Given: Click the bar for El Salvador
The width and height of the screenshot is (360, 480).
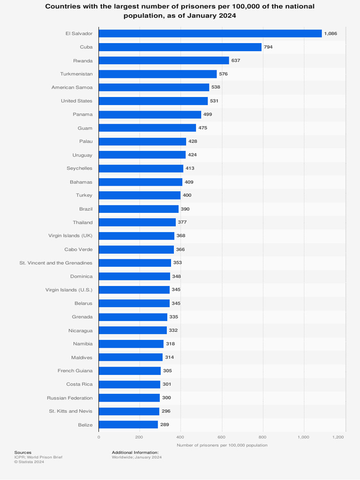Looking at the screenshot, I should tap(210, 34).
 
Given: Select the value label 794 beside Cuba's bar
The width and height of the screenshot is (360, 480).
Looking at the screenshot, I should tap(268, 47).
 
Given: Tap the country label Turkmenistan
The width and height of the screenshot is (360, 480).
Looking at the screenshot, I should tap(76, 74).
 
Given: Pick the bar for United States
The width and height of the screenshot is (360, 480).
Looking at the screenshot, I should tap(153, 101).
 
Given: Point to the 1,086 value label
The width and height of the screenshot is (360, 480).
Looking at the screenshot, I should tap(330, 34).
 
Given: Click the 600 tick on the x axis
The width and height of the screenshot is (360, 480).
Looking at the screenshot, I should tap(222, 437).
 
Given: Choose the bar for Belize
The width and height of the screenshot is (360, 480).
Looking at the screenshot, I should tap(128, 425).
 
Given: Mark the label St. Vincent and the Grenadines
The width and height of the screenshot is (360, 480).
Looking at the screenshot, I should tap(56, 263).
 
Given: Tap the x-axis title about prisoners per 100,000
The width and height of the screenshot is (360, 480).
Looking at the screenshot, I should tap(222, 445).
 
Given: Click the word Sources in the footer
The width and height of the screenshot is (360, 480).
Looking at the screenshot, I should tap(22, 452).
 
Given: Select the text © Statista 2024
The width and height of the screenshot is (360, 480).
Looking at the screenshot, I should tap(29, 462).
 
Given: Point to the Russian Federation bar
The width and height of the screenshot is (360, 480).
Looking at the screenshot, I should tap(129, 398).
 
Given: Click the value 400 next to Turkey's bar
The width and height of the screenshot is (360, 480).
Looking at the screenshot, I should tap(187, 195).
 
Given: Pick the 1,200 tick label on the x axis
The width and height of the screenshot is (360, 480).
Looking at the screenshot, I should tap(338, 437).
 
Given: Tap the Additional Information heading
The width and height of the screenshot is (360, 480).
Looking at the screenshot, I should tap(135, 452).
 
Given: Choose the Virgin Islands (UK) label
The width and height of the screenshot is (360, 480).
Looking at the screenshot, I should tap(70, 236).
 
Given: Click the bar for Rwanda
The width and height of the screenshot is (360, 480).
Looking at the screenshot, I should tap(164, 60).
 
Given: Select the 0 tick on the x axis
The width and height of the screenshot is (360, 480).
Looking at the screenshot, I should tap(98, 437).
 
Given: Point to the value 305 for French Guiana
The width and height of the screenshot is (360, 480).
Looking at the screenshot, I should tap(167, 371).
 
